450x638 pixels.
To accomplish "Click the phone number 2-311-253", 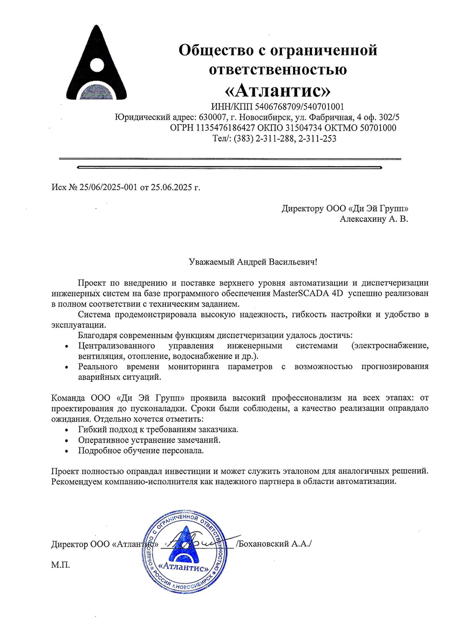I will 317,139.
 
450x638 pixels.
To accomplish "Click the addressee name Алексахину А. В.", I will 374,219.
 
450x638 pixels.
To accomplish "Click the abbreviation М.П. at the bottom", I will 60,565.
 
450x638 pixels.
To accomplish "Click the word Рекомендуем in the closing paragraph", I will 76,481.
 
